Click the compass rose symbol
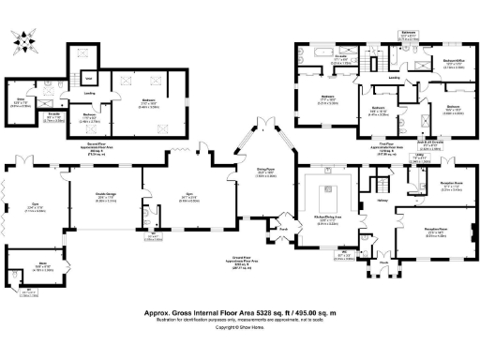[x=24, y=42]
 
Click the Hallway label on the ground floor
[x=382, y=200]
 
